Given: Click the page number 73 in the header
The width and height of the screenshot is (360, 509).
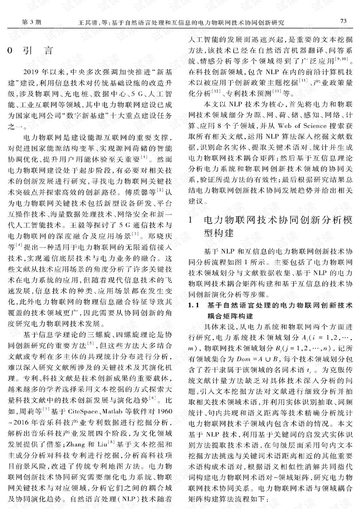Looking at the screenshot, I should [x=343, y=21].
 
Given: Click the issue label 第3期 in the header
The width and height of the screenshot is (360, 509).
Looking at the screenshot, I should [x=31, y=22].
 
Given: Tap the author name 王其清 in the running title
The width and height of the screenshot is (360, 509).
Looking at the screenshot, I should [x=86, y=23].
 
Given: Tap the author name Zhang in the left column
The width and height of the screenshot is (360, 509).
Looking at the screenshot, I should [x=76, y=444].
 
